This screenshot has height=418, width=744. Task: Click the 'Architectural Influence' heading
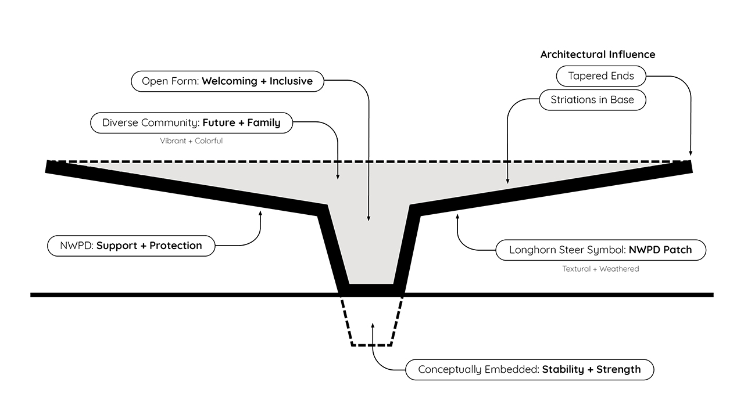(598, 55)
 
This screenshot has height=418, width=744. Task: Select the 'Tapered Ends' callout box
(601, 76)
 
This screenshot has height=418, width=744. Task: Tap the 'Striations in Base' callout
(592, 100)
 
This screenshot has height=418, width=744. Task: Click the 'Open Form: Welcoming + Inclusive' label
(227, 81)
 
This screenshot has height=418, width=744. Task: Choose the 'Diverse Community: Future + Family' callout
(191, 122)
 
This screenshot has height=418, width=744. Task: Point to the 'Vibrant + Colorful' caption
(191, 140)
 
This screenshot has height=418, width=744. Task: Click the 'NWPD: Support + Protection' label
(131, 246)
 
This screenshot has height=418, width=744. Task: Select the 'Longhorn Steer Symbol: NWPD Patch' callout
(600, 250)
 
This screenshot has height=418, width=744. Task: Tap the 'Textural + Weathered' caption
(600, 269)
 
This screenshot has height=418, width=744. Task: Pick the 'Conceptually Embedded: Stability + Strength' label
(530, 370)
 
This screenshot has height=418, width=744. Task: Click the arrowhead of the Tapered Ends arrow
(691, 153)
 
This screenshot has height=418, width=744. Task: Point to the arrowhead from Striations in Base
(507, 181)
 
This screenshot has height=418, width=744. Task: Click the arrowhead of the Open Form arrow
(369, 218)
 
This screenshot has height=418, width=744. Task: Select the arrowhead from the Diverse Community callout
(338, 176)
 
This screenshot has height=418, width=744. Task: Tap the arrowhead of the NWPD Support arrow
(260, 213)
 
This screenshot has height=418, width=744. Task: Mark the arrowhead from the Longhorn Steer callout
(457, 217)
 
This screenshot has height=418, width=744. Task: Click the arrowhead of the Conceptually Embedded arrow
(373, 326)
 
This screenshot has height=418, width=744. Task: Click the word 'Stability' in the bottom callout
(563, 370)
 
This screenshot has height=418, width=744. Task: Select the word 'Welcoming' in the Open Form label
(230, 81)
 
